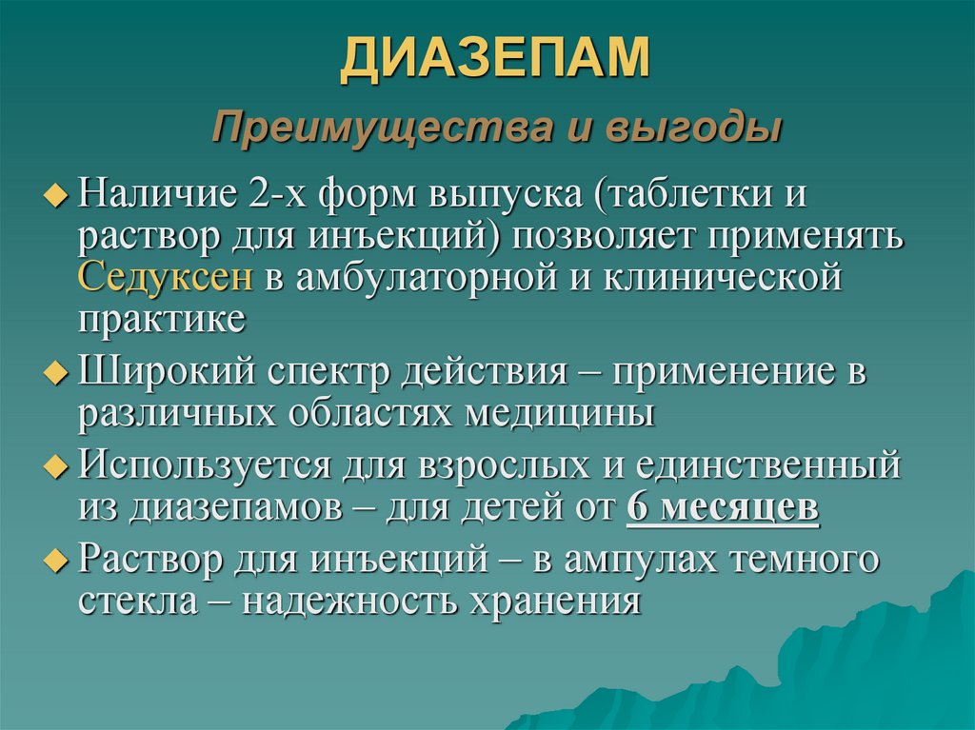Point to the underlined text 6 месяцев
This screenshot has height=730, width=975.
[x=723, y=510]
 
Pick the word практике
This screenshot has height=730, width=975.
[x=162, y=319]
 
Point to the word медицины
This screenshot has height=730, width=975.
[x=561, y=413]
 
